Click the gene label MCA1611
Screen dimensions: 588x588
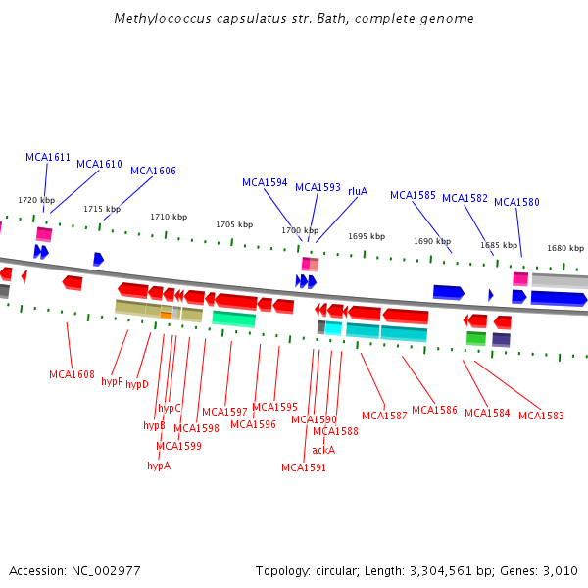[48, 157]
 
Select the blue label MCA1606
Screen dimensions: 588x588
[153, 171]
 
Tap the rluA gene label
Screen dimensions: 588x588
[358, 191]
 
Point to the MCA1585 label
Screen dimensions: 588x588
[413, 195]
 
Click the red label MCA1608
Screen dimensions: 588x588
[72, 374]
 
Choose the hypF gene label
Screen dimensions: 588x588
[112, 381]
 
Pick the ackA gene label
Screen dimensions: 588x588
[323, 450]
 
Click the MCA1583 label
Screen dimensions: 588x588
[541, 416]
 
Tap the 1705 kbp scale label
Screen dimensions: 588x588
[233, 224]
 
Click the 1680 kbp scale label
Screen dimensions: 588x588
[564, 248]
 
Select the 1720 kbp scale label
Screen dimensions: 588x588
[36, 200]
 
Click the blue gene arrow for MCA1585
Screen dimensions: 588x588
[448, 292]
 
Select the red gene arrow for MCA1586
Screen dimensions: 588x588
[405, 316]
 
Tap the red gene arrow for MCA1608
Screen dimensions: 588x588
[73, 282]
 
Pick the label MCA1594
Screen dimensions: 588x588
[265, 182]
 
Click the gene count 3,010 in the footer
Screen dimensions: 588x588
[560, 570]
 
